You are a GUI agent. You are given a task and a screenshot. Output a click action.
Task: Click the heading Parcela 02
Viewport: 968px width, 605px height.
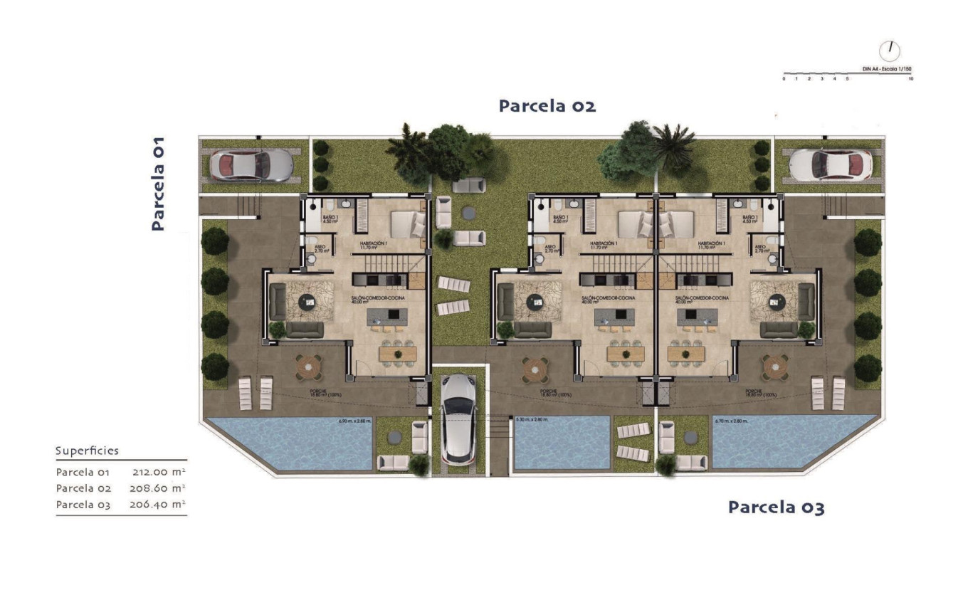[547, 106]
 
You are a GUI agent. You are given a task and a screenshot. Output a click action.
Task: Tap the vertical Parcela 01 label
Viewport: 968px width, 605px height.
[158, 183]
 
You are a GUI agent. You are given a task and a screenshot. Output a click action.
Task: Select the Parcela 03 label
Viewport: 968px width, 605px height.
[776, 507]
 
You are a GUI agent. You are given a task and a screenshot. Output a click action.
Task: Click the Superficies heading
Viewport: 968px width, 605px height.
[87, 451]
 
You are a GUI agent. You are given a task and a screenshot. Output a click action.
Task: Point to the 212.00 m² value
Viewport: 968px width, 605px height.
[159, 471]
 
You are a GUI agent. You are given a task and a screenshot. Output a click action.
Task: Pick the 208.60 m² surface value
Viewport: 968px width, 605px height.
[159, 488]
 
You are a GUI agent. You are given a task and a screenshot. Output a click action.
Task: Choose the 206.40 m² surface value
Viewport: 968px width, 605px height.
[159, 505]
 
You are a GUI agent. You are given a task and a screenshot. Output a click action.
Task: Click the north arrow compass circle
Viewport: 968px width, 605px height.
[890, 51]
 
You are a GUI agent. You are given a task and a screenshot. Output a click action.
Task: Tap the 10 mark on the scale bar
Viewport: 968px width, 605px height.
[911, 79]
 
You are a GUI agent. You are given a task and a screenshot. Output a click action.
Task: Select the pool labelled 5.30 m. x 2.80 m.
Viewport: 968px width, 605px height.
[562, 443]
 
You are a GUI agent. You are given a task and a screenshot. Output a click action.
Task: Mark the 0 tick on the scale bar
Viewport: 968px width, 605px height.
[784, 79]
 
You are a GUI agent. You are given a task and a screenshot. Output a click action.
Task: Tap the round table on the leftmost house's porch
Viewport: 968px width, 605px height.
[308, 368]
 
